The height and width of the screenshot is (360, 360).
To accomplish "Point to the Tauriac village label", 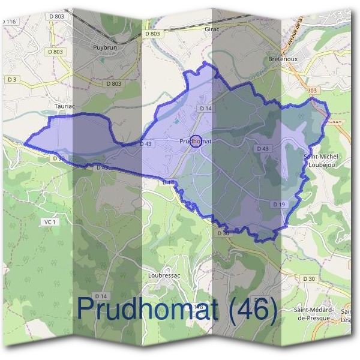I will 65,106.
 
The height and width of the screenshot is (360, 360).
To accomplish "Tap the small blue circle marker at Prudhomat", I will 195,142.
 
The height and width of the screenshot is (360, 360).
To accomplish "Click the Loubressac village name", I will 164,275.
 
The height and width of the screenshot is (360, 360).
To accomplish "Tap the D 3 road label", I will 13,79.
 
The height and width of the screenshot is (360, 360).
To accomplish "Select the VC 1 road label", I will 50,222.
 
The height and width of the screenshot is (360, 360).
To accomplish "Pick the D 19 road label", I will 279,205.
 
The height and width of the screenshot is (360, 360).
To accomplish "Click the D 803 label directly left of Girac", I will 152,34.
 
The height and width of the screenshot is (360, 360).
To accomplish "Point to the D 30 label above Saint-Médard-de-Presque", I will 308,279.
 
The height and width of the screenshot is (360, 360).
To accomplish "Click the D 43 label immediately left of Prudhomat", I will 146,144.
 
